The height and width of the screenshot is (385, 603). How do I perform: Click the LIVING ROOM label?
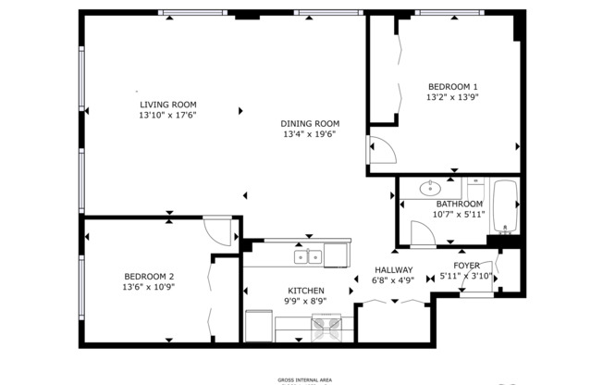[x=168, y=105]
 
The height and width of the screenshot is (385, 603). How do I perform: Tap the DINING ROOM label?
[x=310, y=123]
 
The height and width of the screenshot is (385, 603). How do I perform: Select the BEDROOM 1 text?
[x=452, y=85]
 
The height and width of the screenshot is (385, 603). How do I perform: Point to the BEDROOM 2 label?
[x=149, y=276]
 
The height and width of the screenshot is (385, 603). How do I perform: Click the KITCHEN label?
[x=305, y=291]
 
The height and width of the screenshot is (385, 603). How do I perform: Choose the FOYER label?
[x=466, y=265]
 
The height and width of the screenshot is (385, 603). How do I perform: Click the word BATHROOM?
[x=459, y=204]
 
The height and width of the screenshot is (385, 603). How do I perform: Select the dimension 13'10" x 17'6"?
[x=168, y=116]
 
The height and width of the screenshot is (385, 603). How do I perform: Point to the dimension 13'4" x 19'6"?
[x=310, y=134]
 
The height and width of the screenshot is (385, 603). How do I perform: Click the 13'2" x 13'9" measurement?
[x=452, y=96]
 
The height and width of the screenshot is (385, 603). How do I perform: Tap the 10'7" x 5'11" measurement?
[x=459, y=215]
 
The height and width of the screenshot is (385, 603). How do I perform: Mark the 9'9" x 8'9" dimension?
[x=305, y=302]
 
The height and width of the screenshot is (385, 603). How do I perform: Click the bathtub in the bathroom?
[x=505, y=205]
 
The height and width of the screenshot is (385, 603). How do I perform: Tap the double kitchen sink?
[x=308, y=256]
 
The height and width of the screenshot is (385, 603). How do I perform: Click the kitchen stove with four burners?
[x=326, y=325]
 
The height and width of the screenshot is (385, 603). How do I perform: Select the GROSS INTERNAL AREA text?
[x=304, y=379]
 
